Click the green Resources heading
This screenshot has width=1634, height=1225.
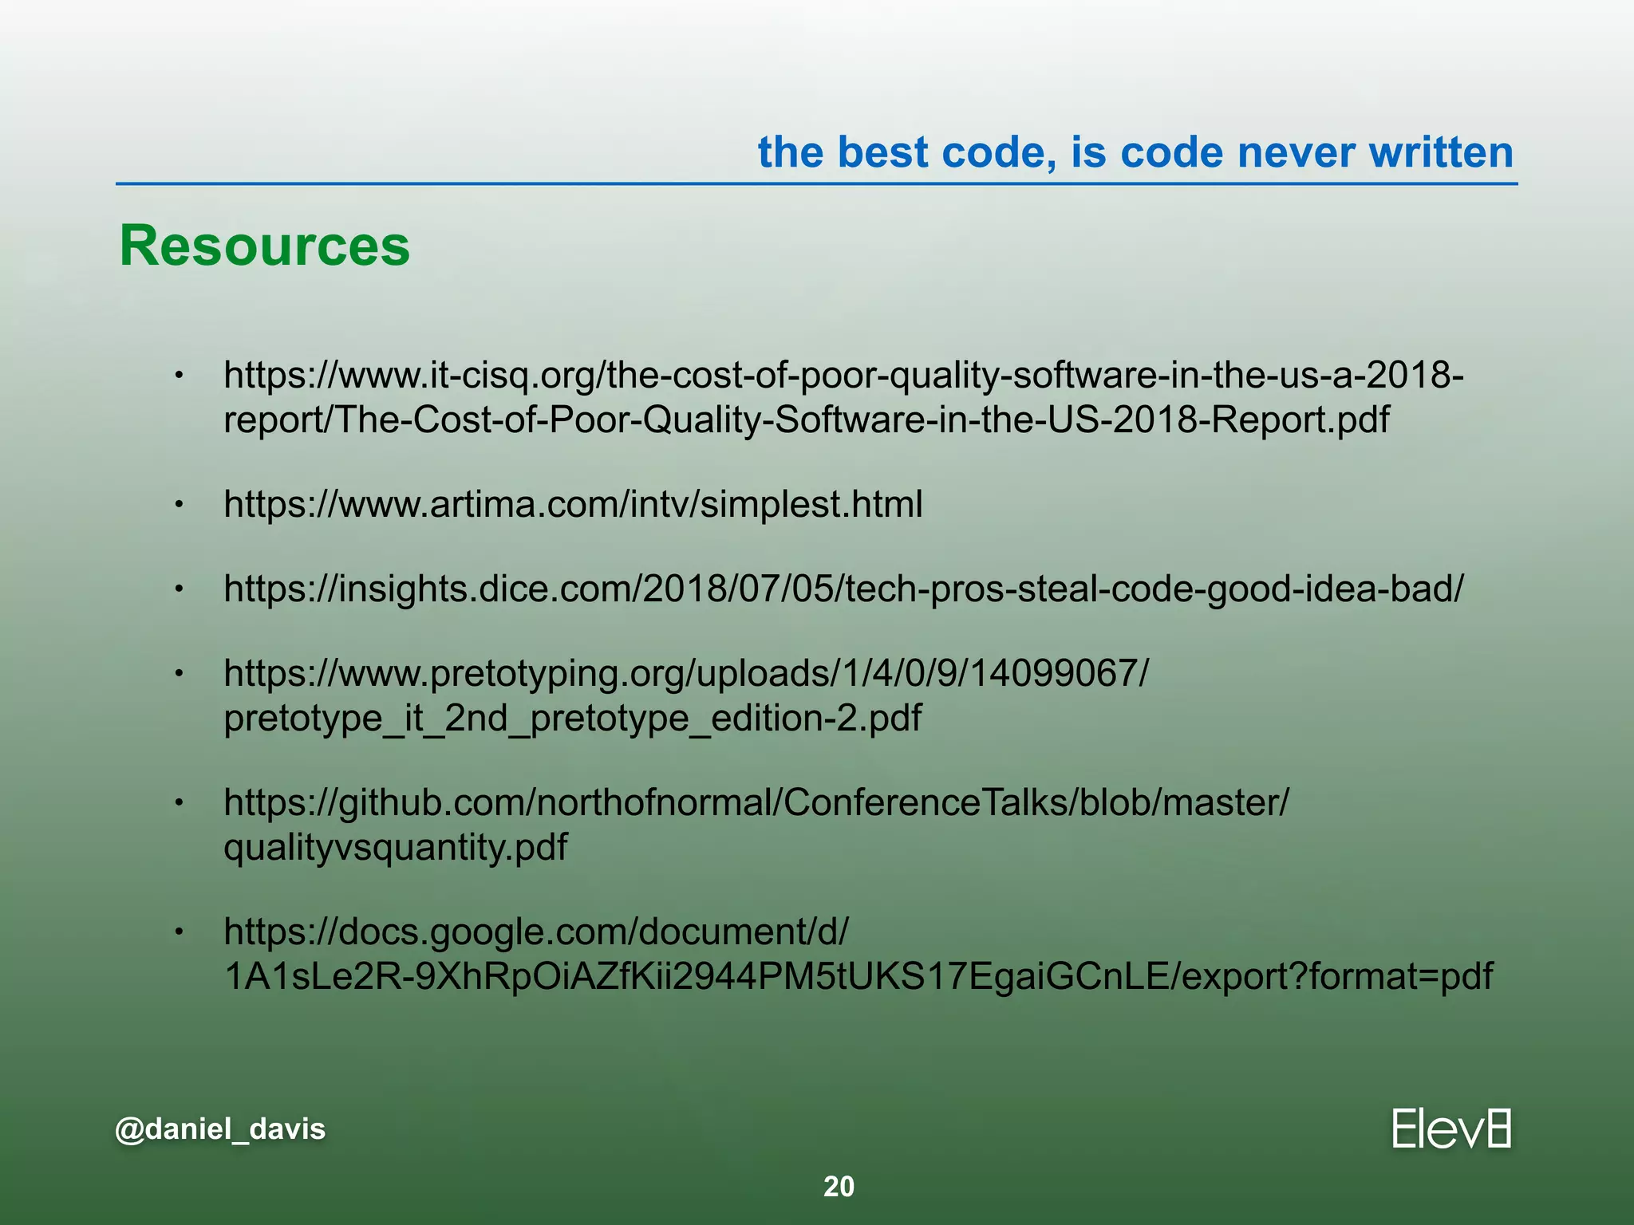coord(264,246)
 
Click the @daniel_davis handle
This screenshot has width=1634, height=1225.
coord(220,1128)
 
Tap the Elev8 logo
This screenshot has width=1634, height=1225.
coord(1451,1128)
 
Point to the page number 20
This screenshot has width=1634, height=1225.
coord(839,1187)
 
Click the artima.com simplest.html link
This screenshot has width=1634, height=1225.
coord(573,504)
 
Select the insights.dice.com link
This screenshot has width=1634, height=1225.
coord(843,589)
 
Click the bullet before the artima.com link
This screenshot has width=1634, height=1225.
coord(180,504)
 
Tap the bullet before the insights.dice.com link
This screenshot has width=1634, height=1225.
coord(180,589)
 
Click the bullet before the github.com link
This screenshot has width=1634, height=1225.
coord(180,803)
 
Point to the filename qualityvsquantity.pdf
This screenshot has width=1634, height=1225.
coord(396,847)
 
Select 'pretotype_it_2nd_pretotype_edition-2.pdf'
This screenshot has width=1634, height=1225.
coord(572,718)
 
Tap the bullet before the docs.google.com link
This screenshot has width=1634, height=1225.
coord(180,932)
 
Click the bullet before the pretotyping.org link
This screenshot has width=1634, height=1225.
coord(180,675)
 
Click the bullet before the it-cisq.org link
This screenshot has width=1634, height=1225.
coord(180,376)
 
